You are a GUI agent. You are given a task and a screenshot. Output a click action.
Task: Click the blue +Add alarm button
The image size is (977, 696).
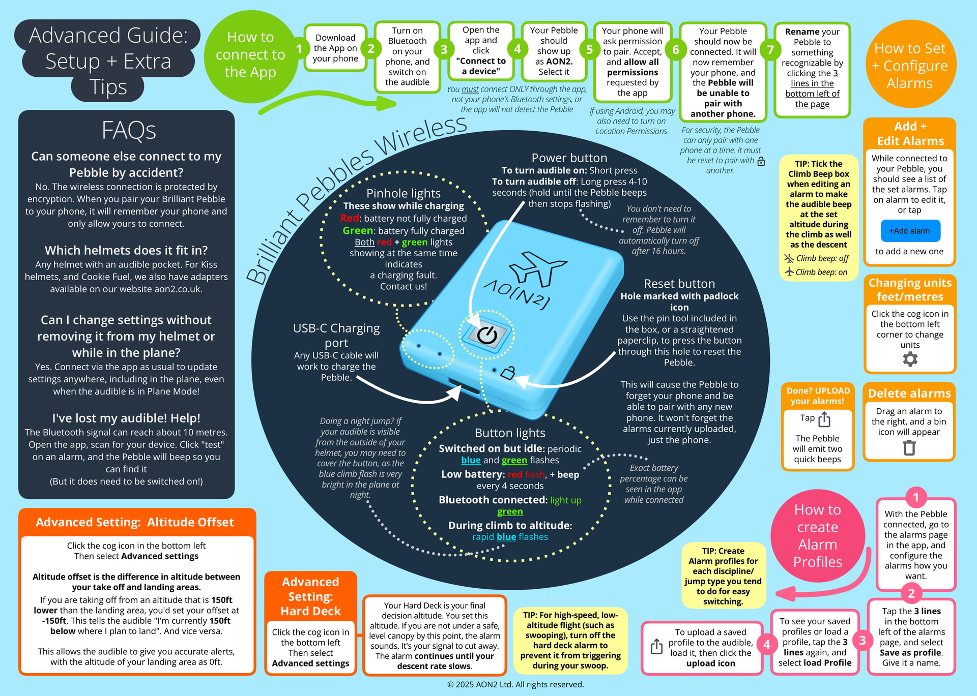tap(910, 231)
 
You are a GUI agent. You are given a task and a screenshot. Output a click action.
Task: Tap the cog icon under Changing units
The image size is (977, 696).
tap(910, 359)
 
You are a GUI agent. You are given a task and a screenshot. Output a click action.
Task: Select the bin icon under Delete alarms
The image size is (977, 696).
tap(909, 447)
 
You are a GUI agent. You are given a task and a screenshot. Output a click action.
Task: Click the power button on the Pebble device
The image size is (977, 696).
tap(487, 335)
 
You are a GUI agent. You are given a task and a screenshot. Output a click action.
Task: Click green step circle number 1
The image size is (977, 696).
tap(299, 49)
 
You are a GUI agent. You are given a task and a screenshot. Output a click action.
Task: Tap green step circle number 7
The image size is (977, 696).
tap(770, 50)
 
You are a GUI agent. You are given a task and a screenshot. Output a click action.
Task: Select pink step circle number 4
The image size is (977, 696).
tap(767, 645)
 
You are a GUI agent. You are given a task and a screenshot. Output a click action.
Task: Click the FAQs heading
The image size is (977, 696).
tap(129, 130)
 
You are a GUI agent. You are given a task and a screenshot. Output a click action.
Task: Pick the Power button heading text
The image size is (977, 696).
tap(569, 158)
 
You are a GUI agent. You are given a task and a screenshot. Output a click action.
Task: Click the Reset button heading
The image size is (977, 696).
tap(679, 284)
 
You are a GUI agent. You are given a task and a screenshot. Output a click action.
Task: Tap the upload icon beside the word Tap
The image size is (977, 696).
tap(824, 419)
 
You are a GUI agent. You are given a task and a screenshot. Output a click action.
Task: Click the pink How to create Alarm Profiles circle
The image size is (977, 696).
tap(818, 535)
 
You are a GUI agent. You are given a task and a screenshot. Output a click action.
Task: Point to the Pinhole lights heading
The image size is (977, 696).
tap(403, 193)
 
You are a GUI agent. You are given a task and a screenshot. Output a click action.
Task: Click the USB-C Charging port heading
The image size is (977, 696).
tap(336, 335)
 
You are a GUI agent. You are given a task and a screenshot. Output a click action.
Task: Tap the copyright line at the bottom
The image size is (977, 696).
tap(515, 684)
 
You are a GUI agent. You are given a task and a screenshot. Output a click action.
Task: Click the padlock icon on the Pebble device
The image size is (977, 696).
tap(507, 373)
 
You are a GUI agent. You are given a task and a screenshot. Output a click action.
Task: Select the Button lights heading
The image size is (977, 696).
tap(510, 433)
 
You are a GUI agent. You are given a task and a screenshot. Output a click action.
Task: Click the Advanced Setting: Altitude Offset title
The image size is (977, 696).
tap(135, 522)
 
